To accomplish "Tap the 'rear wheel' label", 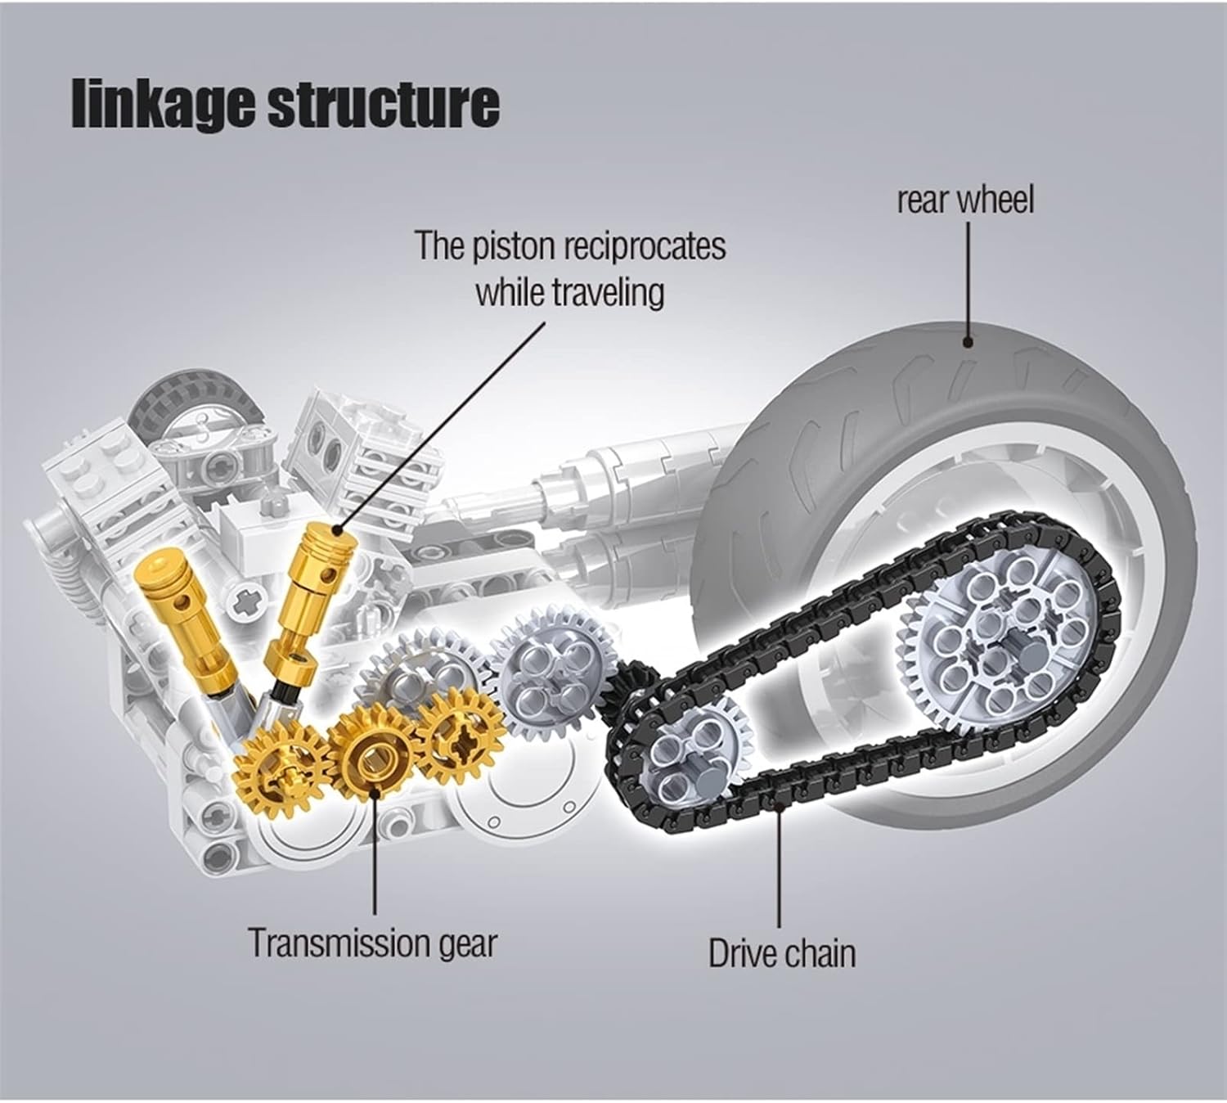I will (965, 200).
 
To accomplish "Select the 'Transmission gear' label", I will (372, 943).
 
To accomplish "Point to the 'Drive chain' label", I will (782, 954).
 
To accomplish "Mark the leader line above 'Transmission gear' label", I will (375, 851).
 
